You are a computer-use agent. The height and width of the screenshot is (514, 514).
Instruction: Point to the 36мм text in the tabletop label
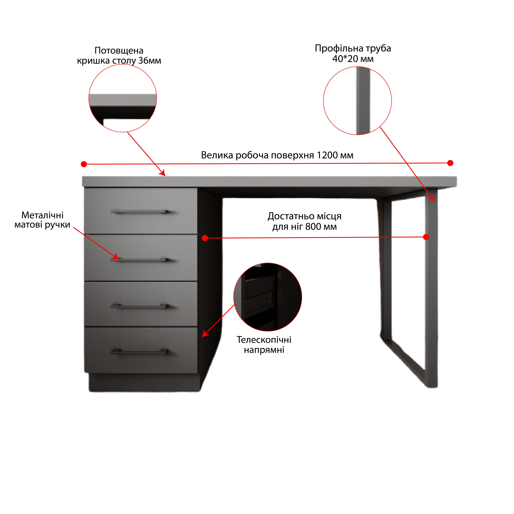tap(150, 61)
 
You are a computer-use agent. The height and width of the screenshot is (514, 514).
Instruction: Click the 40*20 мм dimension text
tap(353, 59)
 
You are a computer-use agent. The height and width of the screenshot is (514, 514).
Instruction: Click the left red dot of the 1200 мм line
tap(84, 164)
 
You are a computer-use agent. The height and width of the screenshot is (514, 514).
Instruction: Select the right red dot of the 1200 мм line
tap(450, 163)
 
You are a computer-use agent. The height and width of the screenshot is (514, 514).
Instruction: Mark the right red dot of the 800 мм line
tap(426, 237)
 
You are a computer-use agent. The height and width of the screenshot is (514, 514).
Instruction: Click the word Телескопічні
tap(264, 340)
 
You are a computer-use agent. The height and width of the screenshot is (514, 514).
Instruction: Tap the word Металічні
tap(43, 215)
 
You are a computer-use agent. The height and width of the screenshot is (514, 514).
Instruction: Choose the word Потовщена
tap(119, 51)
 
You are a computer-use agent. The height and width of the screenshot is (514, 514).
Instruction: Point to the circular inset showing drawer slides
tap(268, 297)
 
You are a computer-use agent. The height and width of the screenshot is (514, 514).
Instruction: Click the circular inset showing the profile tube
tap(357, 101)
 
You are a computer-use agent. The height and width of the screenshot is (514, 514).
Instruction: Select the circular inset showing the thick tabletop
tap(123, 98)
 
